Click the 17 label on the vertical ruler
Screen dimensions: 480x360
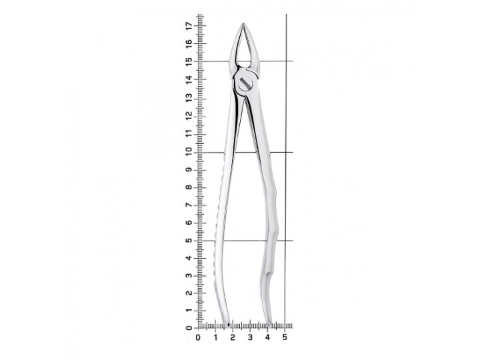pos(190,26)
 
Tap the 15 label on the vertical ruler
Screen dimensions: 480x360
pos(190,61)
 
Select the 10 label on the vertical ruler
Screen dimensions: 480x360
pos(190,152)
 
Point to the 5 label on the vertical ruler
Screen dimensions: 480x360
pos(190,241)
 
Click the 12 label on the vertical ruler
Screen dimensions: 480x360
pos(190,115)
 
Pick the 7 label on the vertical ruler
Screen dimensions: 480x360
pos(190,205)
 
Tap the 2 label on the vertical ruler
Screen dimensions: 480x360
pos(190,293)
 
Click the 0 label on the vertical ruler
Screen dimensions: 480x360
pos(190,328)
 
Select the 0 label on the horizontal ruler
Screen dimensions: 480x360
pos(198,337)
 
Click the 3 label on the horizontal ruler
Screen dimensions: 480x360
pos(250,337)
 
